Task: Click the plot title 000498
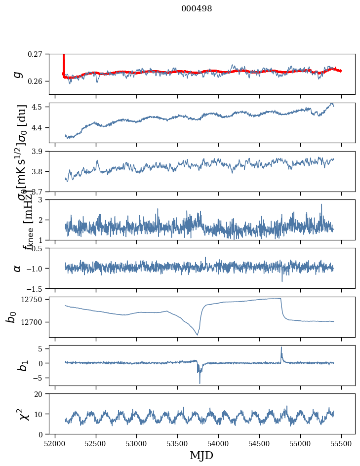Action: pyautogui.click(x=197, y=9)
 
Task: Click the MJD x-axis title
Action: pyautogui.click(x=201, y=456)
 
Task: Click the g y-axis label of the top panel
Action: pyautogui.click(x=18, y=74)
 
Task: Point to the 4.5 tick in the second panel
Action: pyautogui.click(x=40, y=107)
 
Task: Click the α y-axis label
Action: pyautogui.click(x=18, y=268)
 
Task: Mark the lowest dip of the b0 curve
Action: pyautogui.click(x=198, y=335)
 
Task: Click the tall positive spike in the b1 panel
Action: pyautogui.click(x=281, y=347)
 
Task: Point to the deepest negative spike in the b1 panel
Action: pyautogui.click(x=200, y=383)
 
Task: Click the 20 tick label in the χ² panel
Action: pyautogui.click(x=40, y=394)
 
